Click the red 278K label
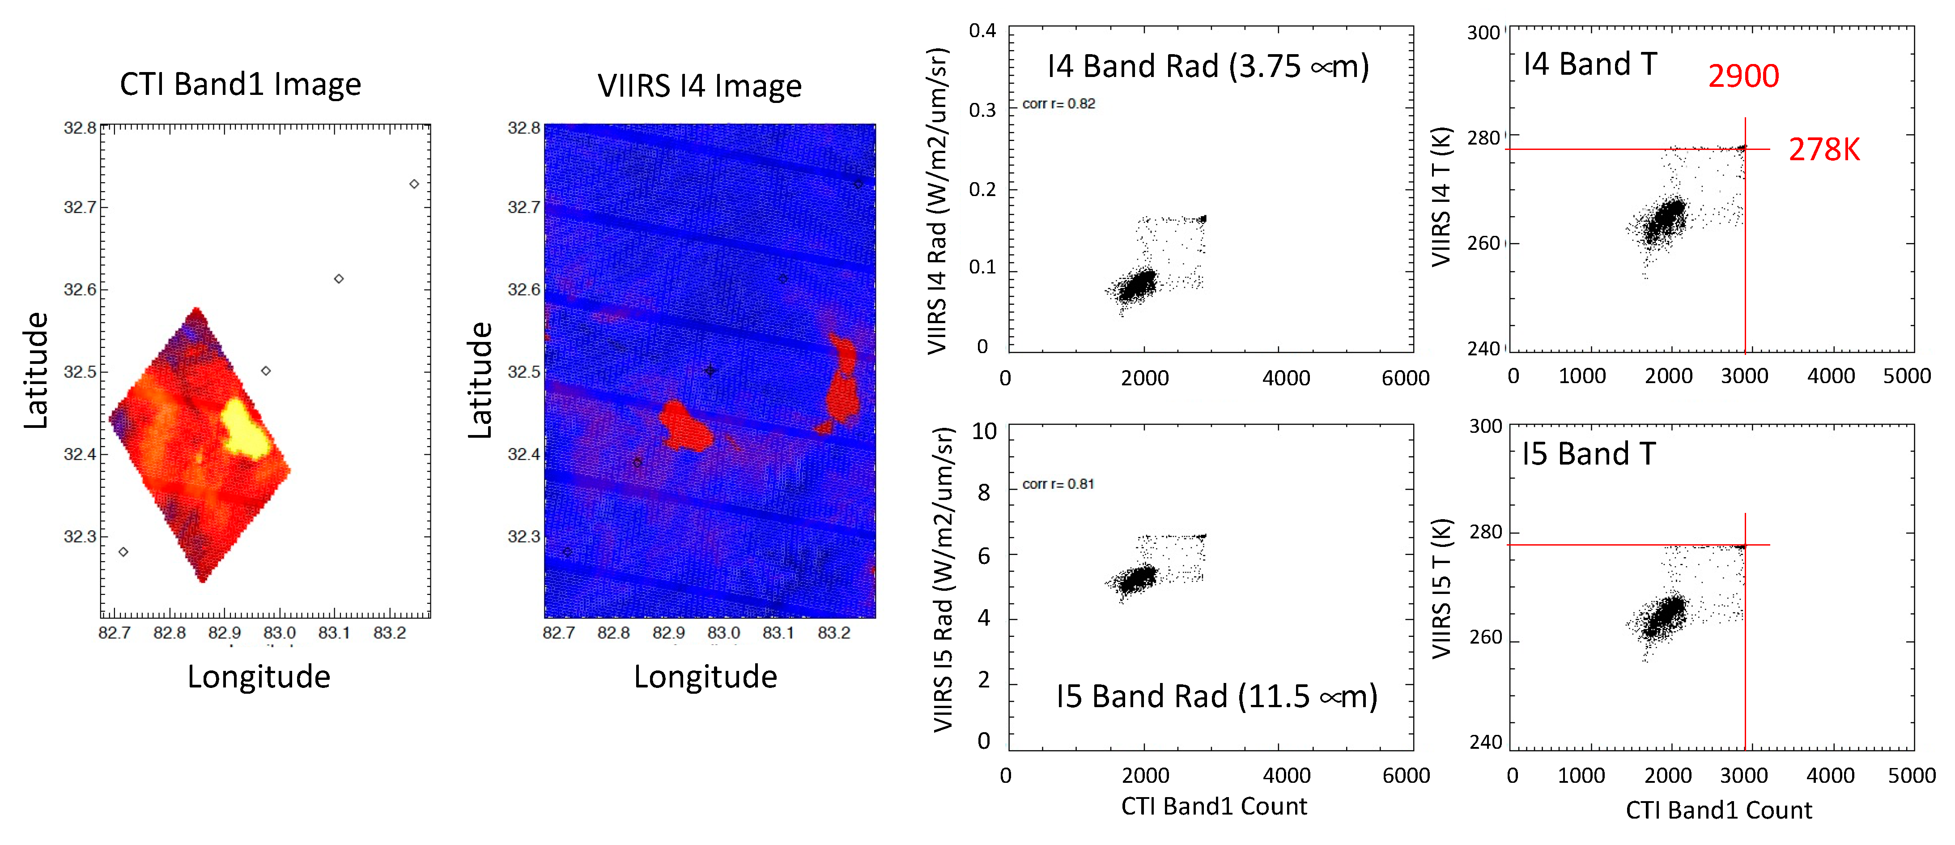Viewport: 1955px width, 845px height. pyautogui.click(x=1824, y=149)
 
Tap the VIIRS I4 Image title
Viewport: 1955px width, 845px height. pyautogui.click(x=699, y=86)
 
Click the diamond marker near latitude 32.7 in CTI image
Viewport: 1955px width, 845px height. pyautogui.click(x=414, y=184)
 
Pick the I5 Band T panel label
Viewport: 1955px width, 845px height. pyautogui.click(x=1589, y=454)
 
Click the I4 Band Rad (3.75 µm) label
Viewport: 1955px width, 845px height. pyautogui.click(x=1207, y=67)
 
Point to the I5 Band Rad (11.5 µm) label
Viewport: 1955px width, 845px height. pyautogui.click(x=1216, y=696)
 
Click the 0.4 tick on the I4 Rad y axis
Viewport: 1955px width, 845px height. pyautogui.click(x=982, y=31)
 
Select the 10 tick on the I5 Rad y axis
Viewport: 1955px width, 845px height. pyautogui.click(x=984, y=431)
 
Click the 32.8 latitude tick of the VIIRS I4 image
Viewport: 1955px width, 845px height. pyautogui.click(x=524, y=128)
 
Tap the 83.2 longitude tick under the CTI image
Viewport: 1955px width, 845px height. pyautogui.click(x=389, y=632)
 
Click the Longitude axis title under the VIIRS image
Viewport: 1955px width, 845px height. pyautogui.click(x=705, y=676)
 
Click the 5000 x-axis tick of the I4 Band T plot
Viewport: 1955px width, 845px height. pyautogui.click(x=1906, y=376)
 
